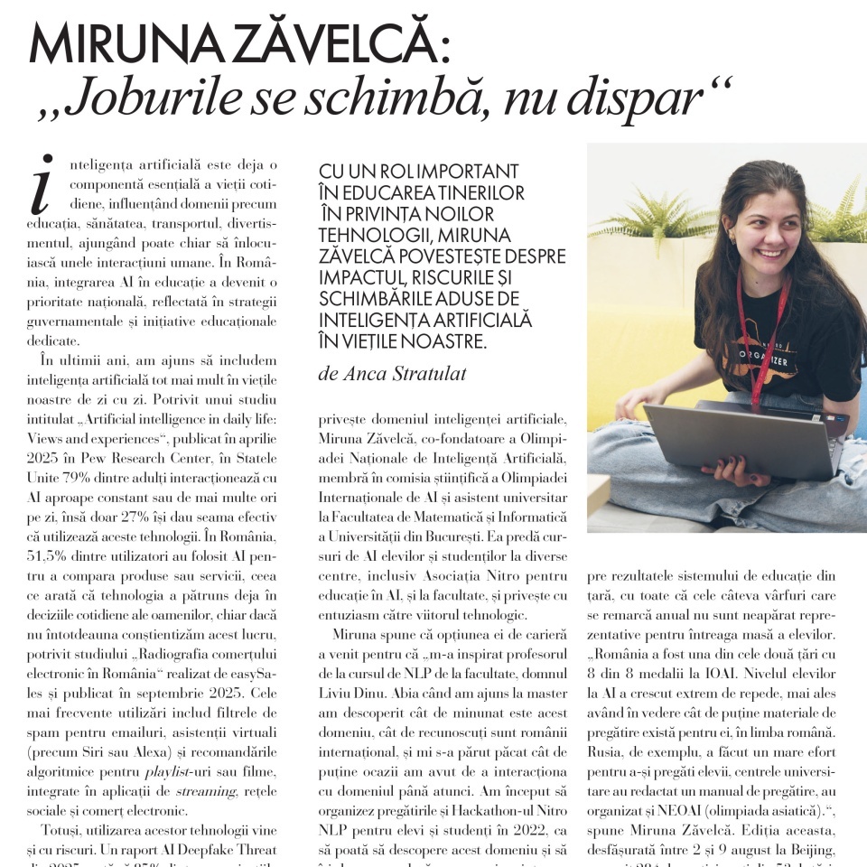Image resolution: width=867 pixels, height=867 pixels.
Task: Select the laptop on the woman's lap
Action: coord(732,443)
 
